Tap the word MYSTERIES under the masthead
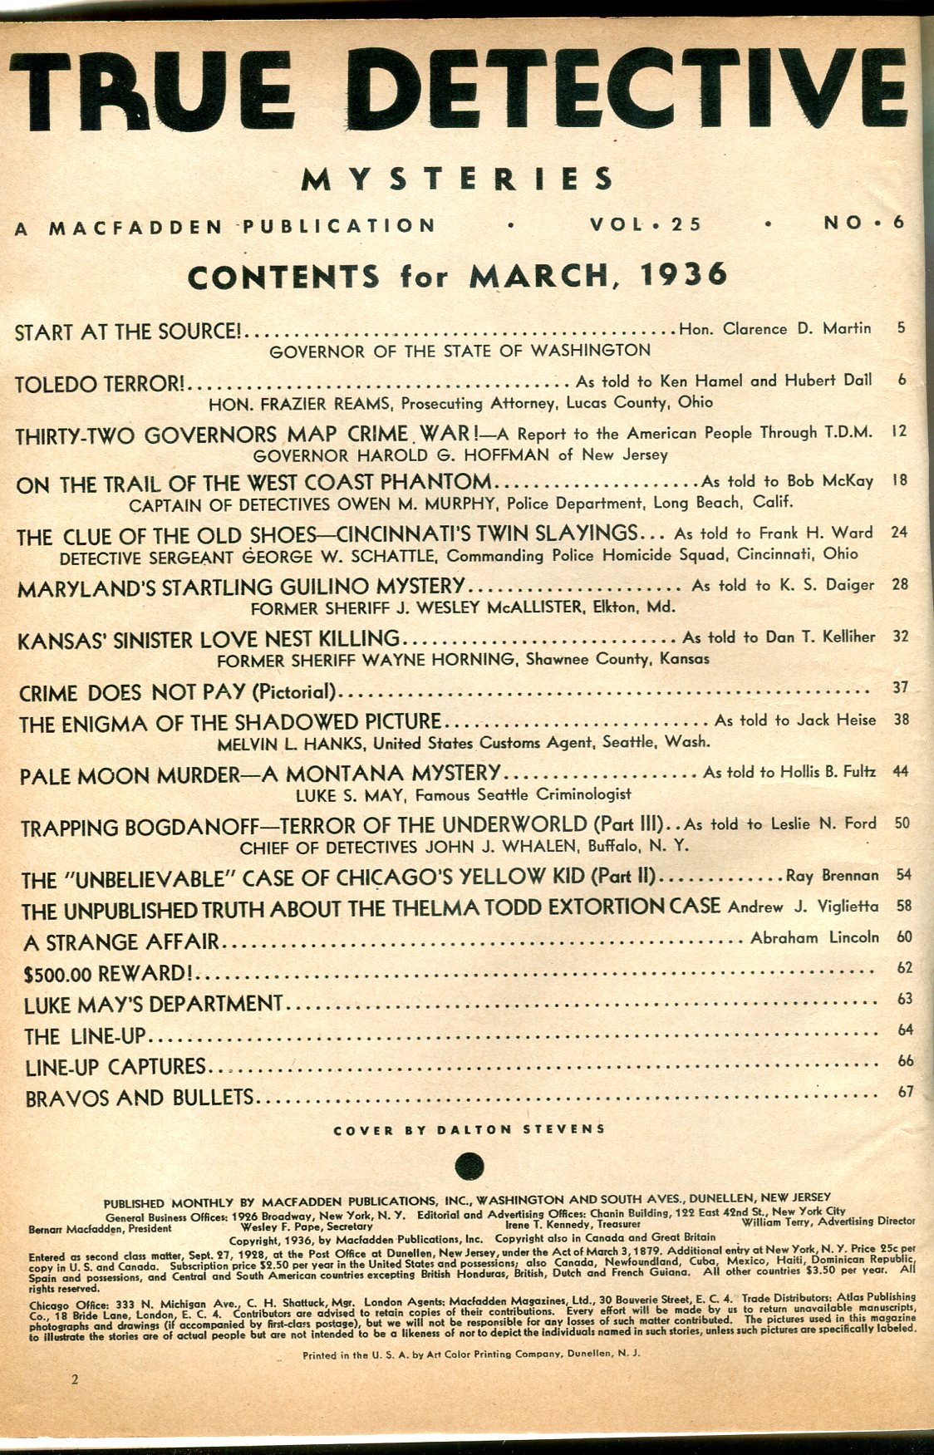[x=457, y=179]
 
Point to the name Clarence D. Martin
[x=797, y=328]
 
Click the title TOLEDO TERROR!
[x=101, y=384]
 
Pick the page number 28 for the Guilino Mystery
[x=899, y=584]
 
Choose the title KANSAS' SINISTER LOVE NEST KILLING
[x=209, y=639]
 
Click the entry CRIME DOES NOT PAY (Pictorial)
[x=179, y=691]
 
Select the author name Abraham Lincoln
[x=814, y=937]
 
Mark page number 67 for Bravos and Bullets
[x=906, y=1092]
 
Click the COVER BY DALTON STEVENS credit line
[x=469, y=1129]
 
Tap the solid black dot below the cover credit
[x=470, y=1165]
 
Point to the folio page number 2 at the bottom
[x=75, y=1380]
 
